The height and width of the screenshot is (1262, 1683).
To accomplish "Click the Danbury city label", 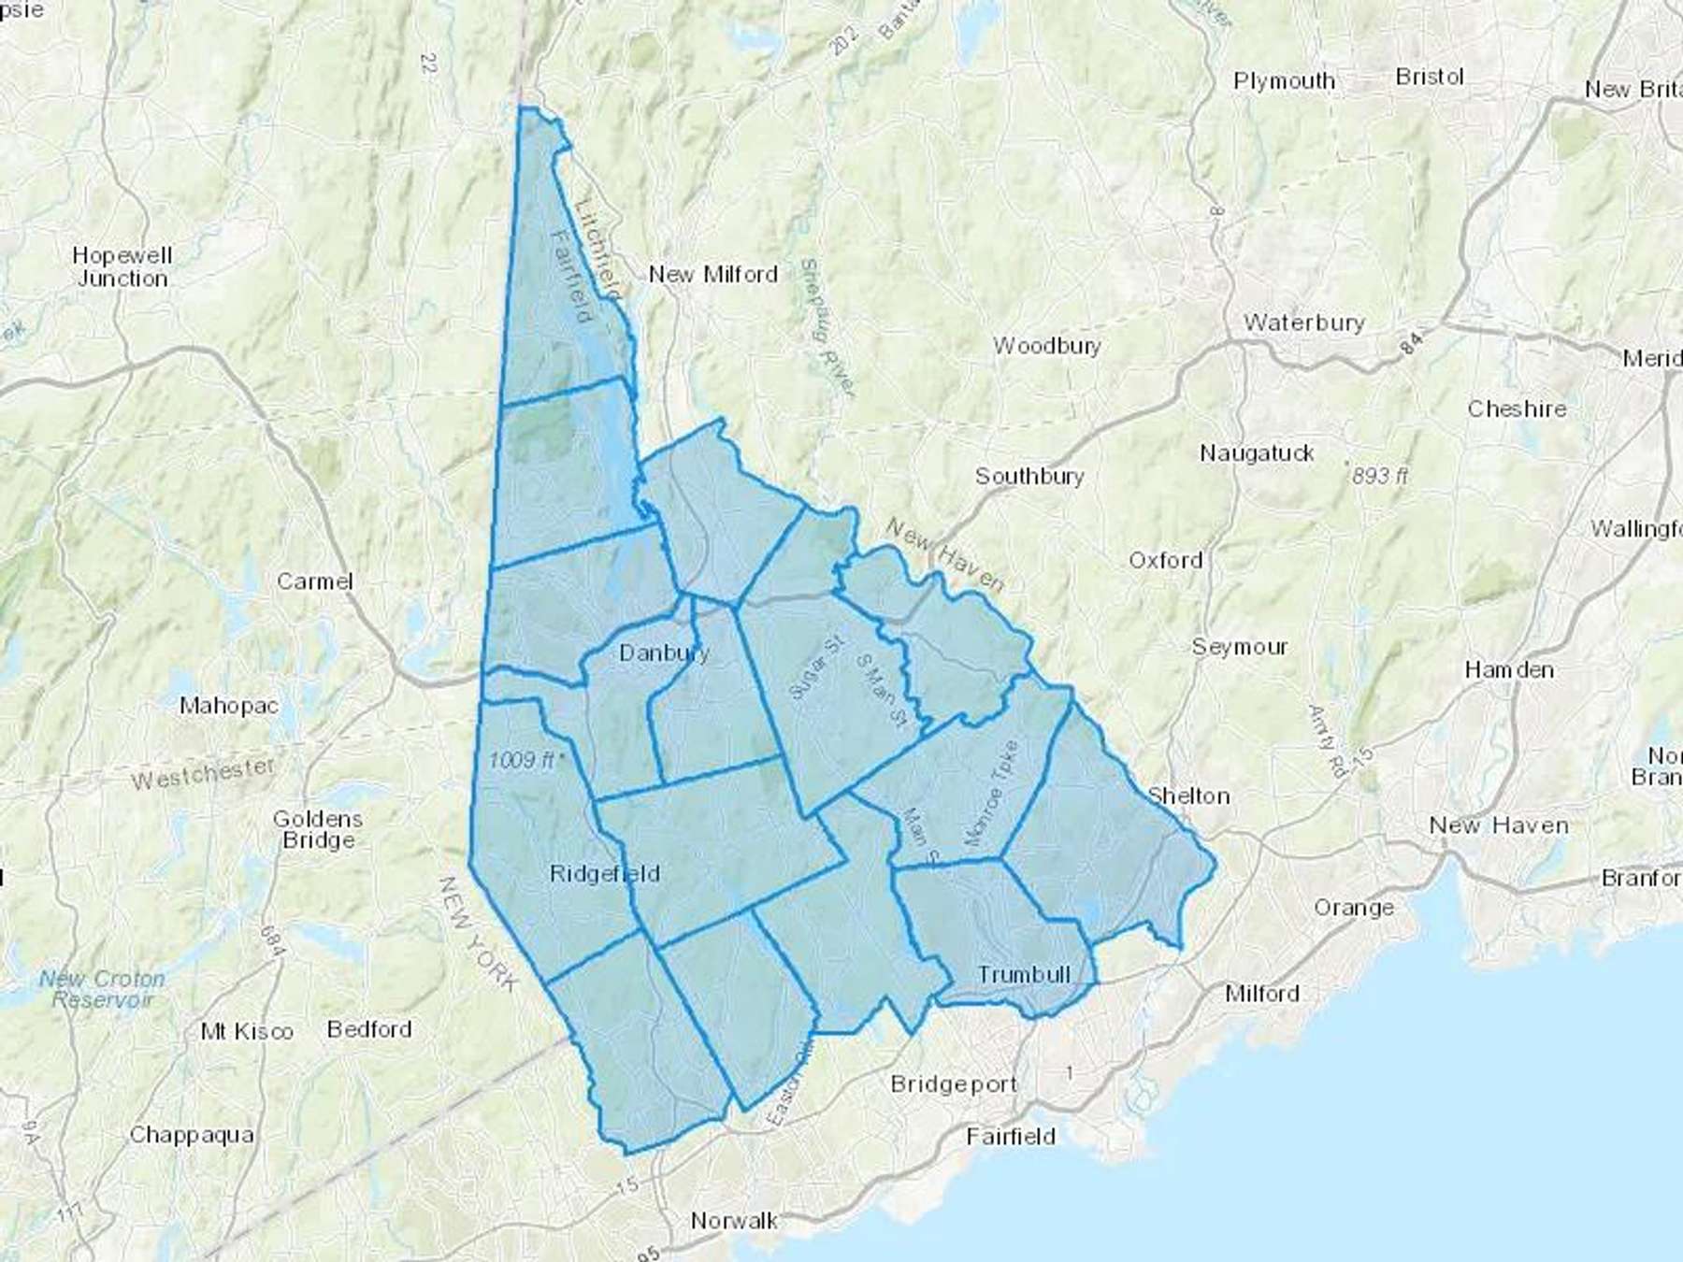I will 664,653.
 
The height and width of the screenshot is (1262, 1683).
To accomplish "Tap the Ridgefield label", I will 604,874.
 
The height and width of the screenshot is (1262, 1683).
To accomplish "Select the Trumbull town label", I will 1024,974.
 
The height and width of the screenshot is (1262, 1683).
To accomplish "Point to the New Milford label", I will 712,275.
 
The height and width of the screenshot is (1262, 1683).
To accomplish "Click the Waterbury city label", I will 1303,323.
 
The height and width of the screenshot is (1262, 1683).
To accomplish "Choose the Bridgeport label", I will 953,1084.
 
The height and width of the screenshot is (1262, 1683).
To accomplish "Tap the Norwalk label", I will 734,1220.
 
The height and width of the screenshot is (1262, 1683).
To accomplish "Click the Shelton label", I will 1187,796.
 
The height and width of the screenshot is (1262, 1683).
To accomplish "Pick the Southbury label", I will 1029,476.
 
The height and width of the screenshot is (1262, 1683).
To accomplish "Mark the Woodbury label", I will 1047,346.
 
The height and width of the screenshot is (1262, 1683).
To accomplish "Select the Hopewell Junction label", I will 122,266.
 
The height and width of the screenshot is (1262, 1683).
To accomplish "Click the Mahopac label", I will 229,705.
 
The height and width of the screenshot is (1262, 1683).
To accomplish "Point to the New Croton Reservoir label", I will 102,989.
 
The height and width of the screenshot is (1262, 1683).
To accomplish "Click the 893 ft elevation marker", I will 1378,476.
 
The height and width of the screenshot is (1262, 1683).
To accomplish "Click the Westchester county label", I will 203,773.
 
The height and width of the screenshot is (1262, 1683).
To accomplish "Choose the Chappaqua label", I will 192,1135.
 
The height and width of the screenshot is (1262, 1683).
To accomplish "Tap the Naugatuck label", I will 1257,453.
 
